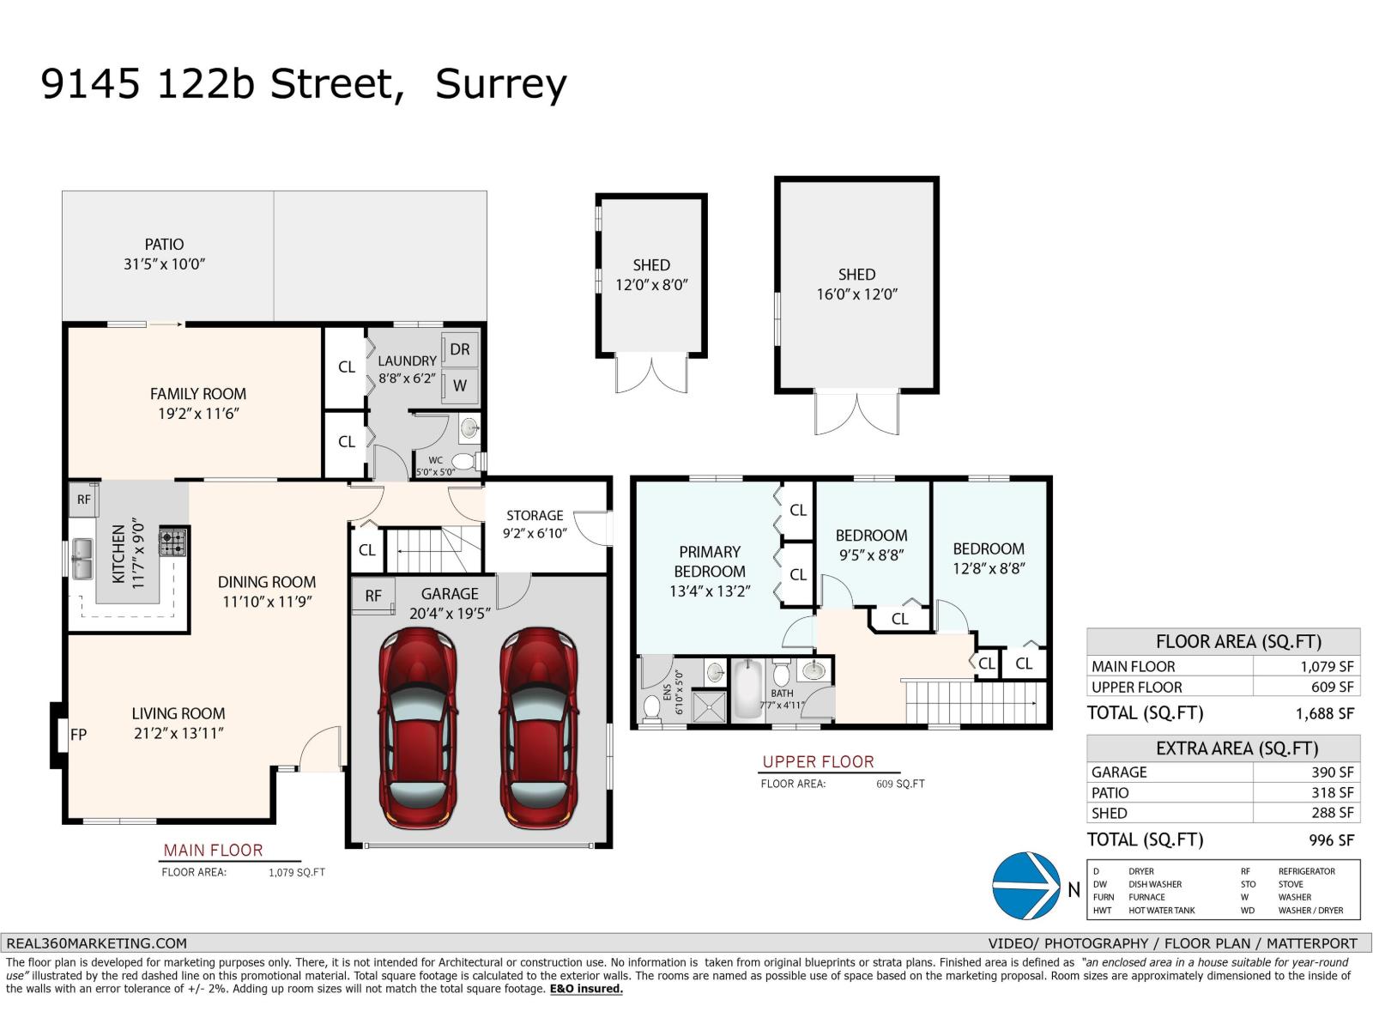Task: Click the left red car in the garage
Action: [x=418, y=728]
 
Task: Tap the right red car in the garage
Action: [x=538, y=728]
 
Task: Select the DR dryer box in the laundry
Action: [x=460, y=349]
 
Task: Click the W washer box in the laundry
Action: [x=460, y=385]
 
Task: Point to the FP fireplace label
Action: [x=78, y=734]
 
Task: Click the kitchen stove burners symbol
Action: [x=172, y=542]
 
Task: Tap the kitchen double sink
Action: [x=82, y=558]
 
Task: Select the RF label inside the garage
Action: [x=373, y=596]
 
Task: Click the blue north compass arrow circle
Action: [x=1026, y=885]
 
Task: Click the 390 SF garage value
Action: [x=1332, y=772]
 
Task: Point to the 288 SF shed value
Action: [x=1332, y=813]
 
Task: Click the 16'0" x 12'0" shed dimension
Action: [x=856, y=294]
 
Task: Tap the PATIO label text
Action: [x=164, y=245]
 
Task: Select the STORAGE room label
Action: [x=535, y=515]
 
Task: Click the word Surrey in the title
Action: [x=501, y=84]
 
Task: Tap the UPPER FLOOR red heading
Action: [x=818, y=761]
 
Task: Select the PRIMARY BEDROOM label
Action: [x=710, y=561]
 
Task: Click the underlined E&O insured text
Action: [x=586, y=989]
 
